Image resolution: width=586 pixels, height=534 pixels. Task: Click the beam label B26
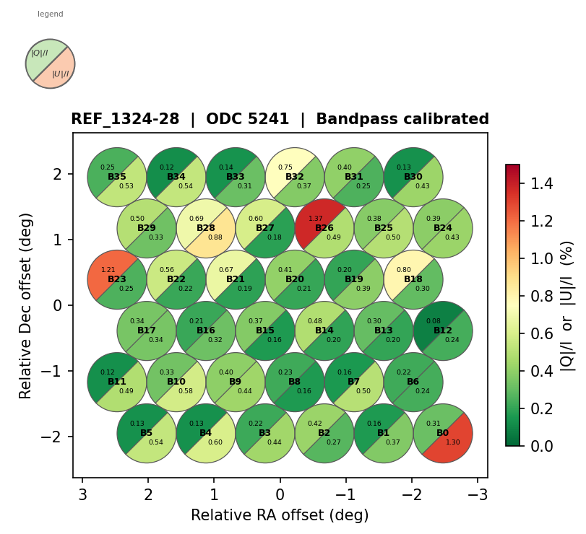(x=324, y=228)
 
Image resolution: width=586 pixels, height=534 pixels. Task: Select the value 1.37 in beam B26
(x=316, y=219)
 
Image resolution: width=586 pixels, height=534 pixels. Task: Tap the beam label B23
(x=117, y=279)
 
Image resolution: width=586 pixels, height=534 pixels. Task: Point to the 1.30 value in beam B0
(x=453, y=442)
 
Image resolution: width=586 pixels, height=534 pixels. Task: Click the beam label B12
(x=443, y=331)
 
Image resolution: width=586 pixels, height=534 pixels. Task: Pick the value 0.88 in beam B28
(x=215, y=237)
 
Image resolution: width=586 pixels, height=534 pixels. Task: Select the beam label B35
(x=117, y=177)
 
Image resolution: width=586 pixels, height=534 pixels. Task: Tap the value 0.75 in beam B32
(x=286, y=167)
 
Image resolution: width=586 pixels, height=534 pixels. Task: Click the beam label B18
(x=413, y=279)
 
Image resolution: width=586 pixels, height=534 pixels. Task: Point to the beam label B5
(x=147, y=433)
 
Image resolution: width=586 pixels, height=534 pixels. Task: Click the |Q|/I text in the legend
(x=40, y=53)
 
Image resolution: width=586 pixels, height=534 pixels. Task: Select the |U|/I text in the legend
(x=61, y=74)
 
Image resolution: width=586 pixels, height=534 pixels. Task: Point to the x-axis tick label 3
(x=82, y=495)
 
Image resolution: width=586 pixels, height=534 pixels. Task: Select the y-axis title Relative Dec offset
(x=26, y=305)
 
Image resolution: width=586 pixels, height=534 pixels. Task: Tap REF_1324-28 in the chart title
(x=125, y=120)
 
